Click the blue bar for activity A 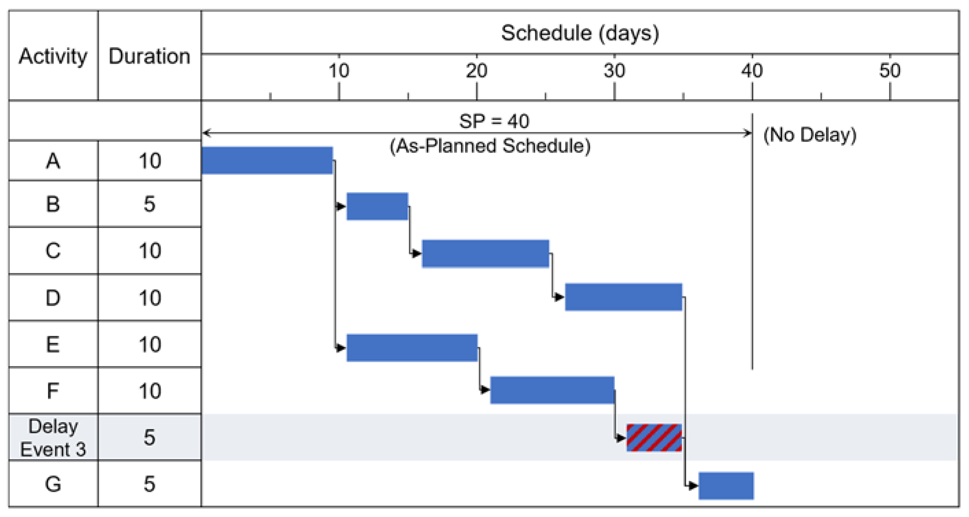point(267,161)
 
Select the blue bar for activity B point(377,206)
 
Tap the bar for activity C point(485,253)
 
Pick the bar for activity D point(623,297)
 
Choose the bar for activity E point(412,348)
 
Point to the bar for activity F point(552,390)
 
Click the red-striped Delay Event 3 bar point(654,437)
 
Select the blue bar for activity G point(726,486)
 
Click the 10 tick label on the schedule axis point(339,71)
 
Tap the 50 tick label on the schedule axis point(890,71)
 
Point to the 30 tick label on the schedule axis point(614,71)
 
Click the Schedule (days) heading point(580,33)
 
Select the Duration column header point(149,56)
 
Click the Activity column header point(53,56)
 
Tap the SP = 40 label point(494,121)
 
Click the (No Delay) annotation point(810,135)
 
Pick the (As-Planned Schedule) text point(490,146)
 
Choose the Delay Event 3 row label point(53,438)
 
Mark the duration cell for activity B point(149,204)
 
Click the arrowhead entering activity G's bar point(693,486)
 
